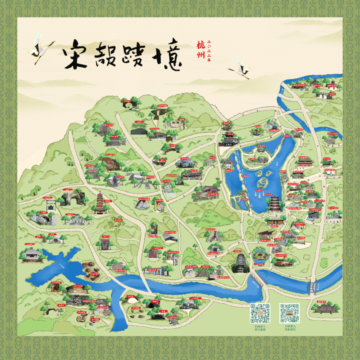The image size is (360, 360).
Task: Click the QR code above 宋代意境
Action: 260,313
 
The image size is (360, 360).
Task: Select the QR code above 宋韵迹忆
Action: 289,313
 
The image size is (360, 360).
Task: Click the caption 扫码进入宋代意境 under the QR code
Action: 260,328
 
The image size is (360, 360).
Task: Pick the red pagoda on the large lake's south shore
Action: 274,204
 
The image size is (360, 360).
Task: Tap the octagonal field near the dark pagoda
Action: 261,256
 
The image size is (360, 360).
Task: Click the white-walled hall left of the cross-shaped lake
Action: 32,255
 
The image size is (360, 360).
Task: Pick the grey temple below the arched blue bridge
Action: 325,308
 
